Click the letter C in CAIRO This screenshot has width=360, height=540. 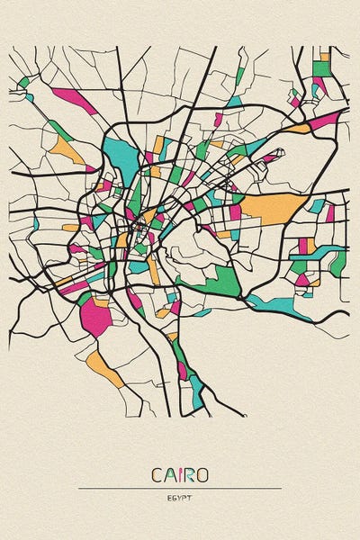[x=157, y=474]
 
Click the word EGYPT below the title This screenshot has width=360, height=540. [x=180, y=496]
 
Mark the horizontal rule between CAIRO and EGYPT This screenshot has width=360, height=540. [x=180, y=488]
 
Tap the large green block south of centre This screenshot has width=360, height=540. [x=222, y=281]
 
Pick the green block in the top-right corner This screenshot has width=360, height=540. [x=321, y=67]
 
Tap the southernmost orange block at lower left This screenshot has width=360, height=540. [x=106, y=369]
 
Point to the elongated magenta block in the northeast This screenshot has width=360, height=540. [x=325, y=120]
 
